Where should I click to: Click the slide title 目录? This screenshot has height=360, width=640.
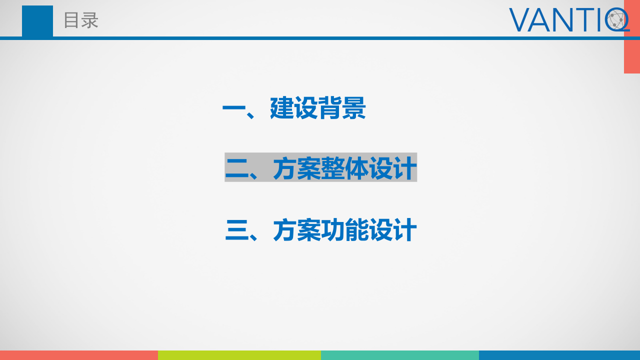(x=81, y=20)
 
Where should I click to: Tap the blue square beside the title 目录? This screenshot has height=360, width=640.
(x=37, y=21)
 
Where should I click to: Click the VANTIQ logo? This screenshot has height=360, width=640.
(x=569, y=20)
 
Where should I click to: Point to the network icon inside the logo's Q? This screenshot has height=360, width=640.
(x=617, y=20)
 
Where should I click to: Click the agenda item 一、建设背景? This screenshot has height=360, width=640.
(x=294, y=107)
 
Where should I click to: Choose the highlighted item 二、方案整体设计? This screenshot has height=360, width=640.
(x=320, y=167)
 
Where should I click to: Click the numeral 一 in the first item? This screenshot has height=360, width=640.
(x=233, y=108)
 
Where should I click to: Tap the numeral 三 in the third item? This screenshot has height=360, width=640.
(x=237, y=230)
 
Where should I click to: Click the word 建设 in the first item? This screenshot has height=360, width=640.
(x=294, y=107)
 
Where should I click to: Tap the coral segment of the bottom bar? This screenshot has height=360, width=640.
(x=79, y=355)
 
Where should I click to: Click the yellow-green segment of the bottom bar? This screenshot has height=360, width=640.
(x=239, y=355)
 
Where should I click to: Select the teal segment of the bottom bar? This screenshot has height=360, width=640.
(x=400, y=355)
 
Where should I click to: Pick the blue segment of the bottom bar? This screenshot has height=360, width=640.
(x=559, y=355)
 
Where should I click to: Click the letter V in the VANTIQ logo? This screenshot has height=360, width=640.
(x=520, y=20)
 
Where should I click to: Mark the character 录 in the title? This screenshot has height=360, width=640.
(x=89, y=20)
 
